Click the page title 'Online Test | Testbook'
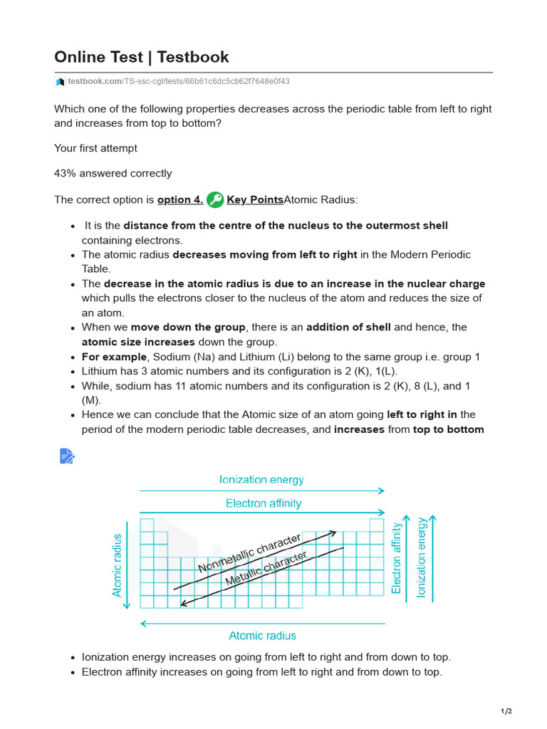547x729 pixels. coord(142,57)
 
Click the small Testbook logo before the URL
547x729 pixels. coord(60,82)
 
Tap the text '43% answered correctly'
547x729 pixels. coord(113,173)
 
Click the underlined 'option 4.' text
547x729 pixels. coord(179,200)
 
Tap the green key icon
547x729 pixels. coord(214,200)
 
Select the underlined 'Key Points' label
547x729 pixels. coord(254,200)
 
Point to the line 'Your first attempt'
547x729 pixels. coord(95,148)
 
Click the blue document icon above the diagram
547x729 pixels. coord(66,456)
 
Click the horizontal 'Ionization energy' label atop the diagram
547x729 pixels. coord(261,480)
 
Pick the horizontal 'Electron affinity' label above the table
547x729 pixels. coord(263,503)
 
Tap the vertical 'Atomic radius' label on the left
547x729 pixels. coord(118,565)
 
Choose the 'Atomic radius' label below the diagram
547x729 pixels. coord(262,636)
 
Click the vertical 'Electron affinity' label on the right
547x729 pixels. coord(397,558)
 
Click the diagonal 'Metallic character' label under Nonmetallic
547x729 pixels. coord(266,569)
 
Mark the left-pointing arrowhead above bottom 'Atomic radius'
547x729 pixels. coord(143,624)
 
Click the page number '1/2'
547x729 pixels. coord(506,711)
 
